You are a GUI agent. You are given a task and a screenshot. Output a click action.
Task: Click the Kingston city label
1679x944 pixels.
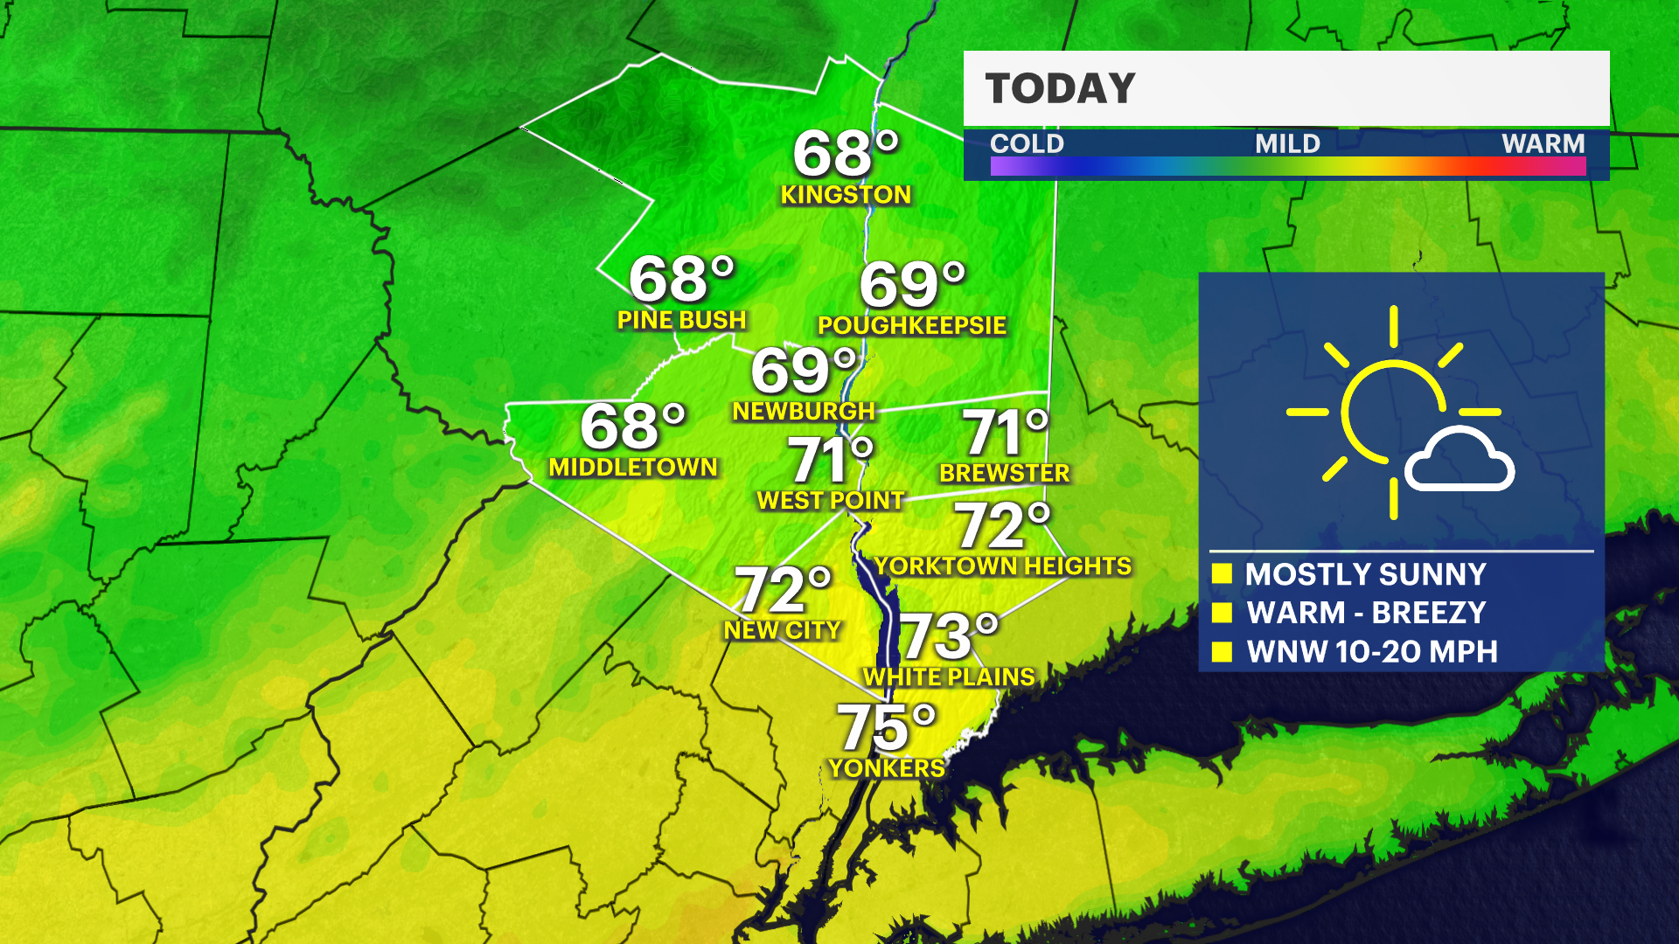pos(846,195)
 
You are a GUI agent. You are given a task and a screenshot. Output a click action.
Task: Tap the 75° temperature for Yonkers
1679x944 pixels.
pos(885,727)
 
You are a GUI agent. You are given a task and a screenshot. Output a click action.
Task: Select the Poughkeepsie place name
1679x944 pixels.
pos(911,325)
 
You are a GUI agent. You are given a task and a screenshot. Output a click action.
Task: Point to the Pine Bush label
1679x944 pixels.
pos(681,320)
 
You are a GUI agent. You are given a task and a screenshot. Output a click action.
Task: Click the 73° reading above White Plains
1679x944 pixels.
pos(947,635)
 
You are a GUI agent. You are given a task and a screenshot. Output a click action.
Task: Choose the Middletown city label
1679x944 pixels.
pos(633,468)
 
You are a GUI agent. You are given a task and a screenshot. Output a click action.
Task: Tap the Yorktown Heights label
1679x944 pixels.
pos(1003,566)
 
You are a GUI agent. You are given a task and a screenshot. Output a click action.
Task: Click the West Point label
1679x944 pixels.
pos(830,501)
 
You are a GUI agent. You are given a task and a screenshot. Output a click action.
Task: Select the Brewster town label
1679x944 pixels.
pos(1004,474)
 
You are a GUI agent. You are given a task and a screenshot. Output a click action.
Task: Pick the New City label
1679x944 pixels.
pos(782,630)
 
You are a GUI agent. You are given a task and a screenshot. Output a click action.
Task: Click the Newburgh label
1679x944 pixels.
pos(804,412)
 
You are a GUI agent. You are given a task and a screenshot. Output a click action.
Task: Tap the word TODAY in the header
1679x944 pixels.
pos(1060,89)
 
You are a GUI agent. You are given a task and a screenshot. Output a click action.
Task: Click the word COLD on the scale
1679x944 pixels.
pos(1027,143)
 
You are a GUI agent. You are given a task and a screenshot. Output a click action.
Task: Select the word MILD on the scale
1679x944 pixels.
pos(1287,143)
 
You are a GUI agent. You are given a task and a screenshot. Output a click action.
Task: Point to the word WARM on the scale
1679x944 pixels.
pos(1543,143)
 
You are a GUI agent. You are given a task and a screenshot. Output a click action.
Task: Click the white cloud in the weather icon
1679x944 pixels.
pos(1459,461)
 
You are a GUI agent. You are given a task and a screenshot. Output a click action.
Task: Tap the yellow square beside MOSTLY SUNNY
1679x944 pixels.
pos(1222,574)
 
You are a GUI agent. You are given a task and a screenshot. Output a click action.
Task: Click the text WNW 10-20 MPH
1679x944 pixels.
pos(1371,652)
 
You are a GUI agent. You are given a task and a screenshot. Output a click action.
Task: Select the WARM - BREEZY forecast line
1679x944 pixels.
pos(1366,613)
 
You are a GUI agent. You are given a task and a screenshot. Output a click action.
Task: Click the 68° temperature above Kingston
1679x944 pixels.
pos(845,155)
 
